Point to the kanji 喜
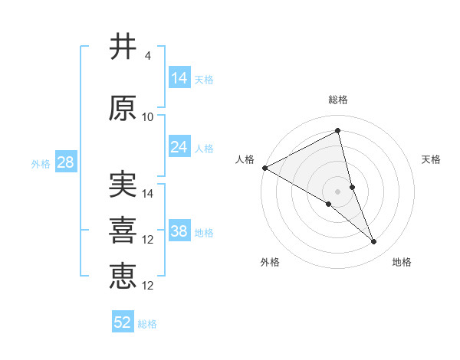123,231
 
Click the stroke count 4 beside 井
147,56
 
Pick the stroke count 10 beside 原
148,117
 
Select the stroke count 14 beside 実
148,194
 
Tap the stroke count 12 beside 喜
148,240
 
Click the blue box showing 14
179,77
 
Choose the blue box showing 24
179,146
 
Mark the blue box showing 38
179,231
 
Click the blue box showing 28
65,162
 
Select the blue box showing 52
123,322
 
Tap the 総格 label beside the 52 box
147,324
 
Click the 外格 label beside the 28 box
41,163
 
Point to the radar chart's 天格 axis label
432,159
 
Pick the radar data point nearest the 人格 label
264,168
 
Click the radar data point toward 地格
374,242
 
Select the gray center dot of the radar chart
337,191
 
